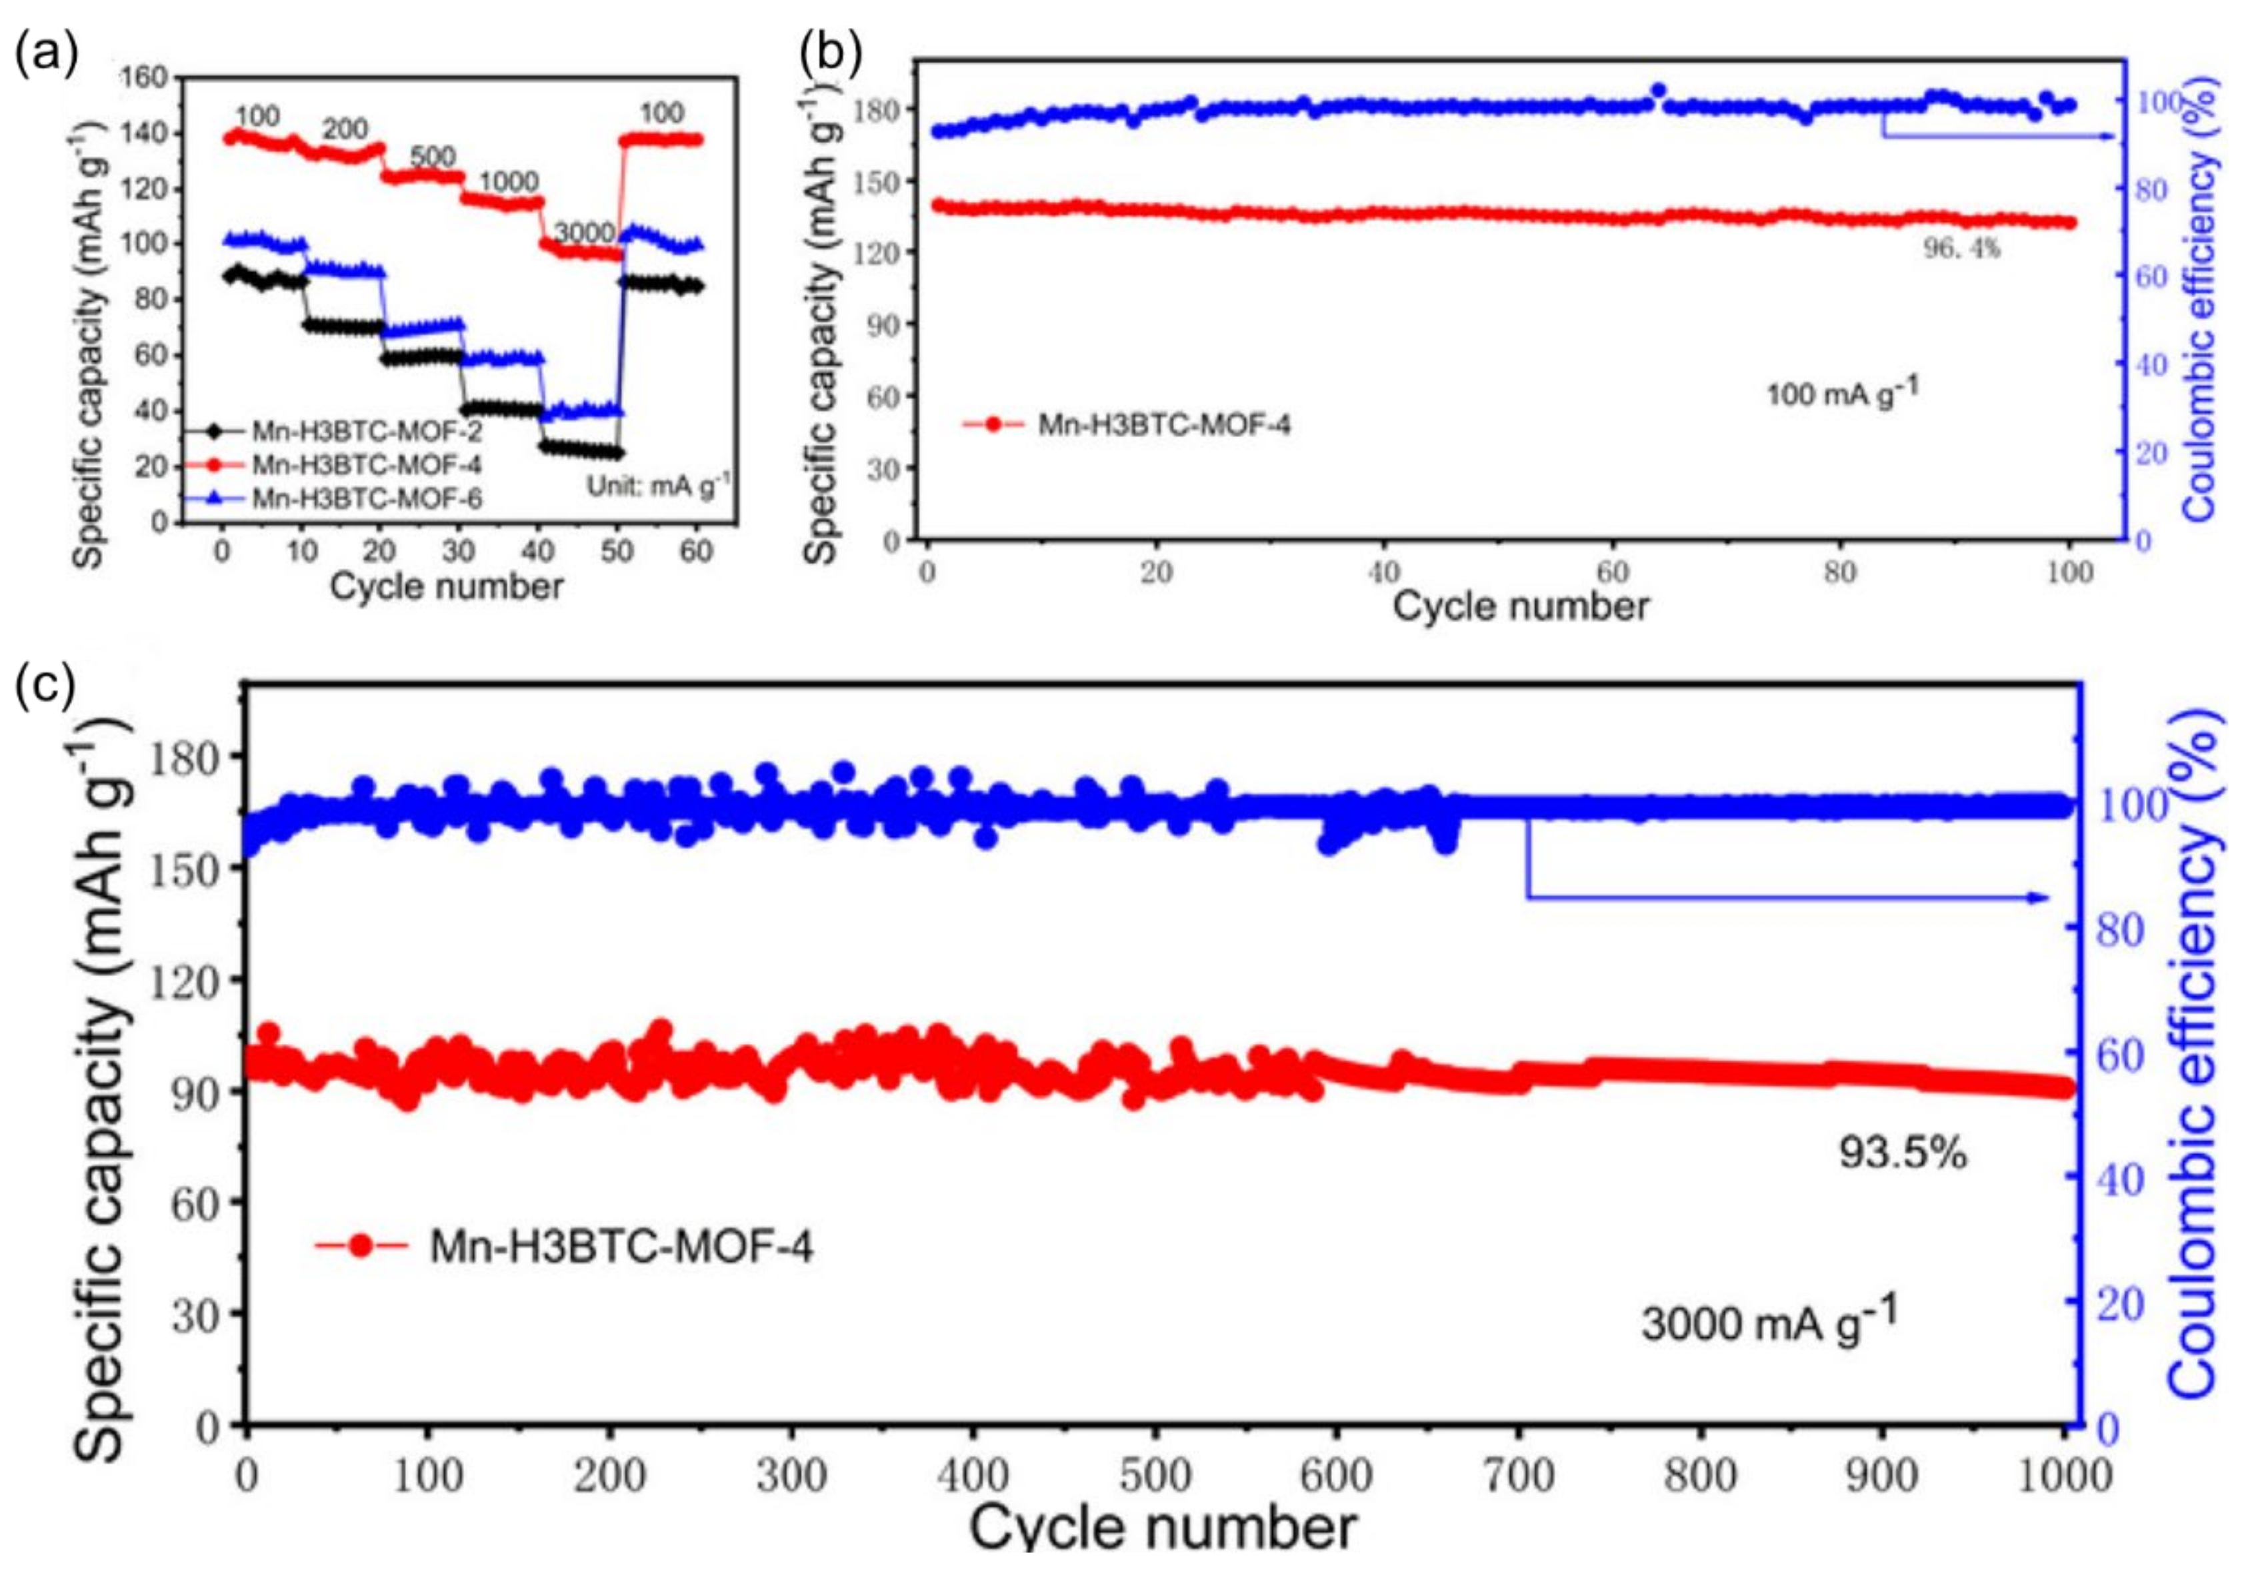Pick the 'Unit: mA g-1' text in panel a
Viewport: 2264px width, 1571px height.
pyautogui.click(x=659, y=484)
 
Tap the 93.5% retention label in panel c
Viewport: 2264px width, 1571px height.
pyautogui.click(x=1903, y=1153)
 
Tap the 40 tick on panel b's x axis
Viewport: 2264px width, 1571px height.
pyautogui.click(x=1383, y=573)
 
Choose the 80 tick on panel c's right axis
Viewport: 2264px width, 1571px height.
pyautogui.click(x=2120, y=929)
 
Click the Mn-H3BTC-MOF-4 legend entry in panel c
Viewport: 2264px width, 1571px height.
pyautogui.click(x=621, y=1246)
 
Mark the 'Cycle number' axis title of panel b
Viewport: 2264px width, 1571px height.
pyautogui.click(x=1519, y=606)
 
